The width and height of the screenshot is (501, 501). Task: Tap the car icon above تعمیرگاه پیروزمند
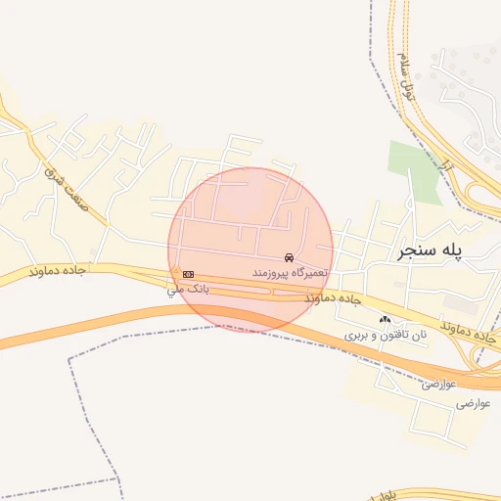[288, 256]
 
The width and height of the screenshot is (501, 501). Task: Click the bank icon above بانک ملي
[188, 274]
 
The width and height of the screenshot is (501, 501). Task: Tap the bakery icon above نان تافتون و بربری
[385, 320]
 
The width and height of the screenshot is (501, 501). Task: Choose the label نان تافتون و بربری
[386, 335]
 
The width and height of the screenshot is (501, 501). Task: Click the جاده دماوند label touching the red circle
[333, 297]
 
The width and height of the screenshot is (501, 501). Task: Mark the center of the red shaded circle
[250, 250]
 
